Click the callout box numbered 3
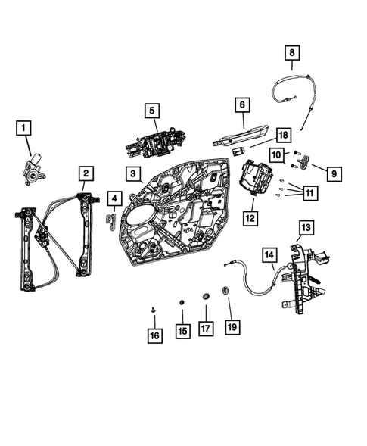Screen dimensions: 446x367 pos(132,174)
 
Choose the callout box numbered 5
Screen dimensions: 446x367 pos(152,111)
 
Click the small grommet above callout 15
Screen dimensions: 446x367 pos(182,305)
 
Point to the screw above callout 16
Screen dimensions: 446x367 pos(154,310)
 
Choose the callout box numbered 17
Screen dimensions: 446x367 pos(204,329)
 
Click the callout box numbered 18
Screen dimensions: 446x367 pos(283,134)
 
